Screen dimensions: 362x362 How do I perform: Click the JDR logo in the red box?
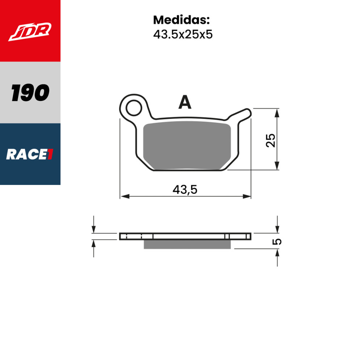click(x=30, y=31)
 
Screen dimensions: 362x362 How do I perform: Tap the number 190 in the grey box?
click(x=30, y=93)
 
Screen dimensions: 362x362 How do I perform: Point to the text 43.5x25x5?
click(x=182, y=34)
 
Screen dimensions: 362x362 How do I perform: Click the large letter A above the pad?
click(x=185, y=103)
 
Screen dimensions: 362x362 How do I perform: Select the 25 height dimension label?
click(x=270, y=140)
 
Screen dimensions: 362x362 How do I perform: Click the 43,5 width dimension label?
click(x=185, y=189)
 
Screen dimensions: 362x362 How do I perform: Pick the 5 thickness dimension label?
click(x=278, y=241)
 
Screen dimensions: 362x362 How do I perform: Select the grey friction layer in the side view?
click(x=187, y=244)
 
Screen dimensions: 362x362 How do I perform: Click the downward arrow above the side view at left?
click(x=93, y=229)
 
